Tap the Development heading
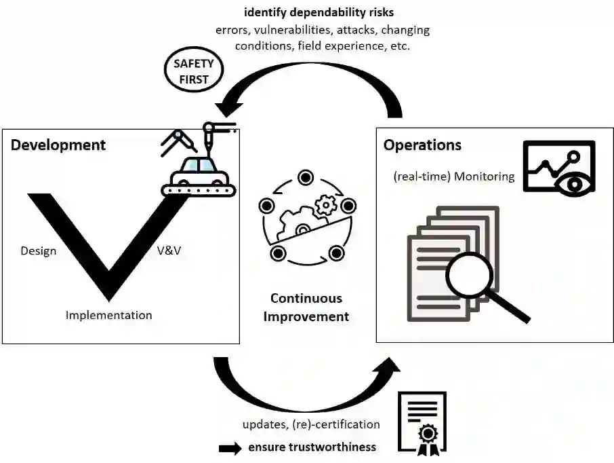tap(58, 145)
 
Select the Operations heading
tap(422, 145)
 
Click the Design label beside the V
tap(39, 251)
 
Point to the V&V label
tap(169, 251)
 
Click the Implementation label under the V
tap(108, 315)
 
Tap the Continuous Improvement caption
tap(306, 307)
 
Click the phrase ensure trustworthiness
tap(312, 447)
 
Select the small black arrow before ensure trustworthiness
tap(230, 447)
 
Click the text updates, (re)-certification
tap(311, 424)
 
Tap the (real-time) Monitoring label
tap(453, 177)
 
